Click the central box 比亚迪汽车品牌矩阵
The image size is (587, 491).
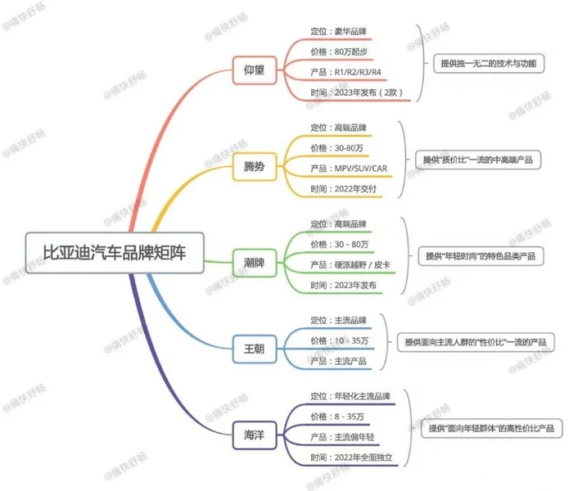pyautogui.click(x=115, y=253)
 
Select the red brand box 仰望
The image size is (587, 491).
pyautogui.click(x=254, y=70)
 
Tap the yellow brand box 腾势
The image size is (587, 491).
pyautogui.click(x=254, y=167)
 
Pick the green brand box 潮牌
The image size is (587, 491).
pyautogui.click(x=254, y=263)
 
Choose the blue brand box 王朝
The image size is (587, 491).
pyautogui.click(x=254, y=349)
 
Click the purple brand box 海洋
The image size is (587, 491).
pyautogui.click(x=254, y=435)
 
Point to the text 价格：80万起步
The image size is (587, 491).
pyautogui.click(x=339, y=52)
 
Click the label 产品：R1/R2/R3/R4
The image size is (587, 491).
pyautogui.click(x=345, y=72)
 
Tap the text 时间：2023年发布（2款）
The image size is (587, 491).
pyautogui.click(x=356, y=92)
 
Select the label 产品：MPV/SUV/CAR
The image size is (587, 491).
pyautogui.click(x=349, y=169)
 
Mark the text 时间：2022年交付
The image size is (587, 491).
pyautogui.click(x=343, y=188)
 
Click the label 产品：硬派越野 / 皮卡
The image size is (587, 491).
pyautogui.click(x=350, y=265)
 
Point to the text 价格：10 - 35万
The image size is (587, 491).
pyautogui.click(x=339, y=340)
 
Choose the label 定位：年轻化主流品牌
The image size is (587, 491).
pyautogui.click(x=350, y=396)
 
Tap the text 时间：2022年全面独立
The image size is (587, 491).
pyautogui.click(x=351, y=457)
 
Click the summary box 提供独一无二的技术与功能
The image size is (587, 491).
pyautogui.click(x=489, y=63)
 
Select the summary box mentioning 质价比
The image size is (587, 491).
pyautogui.click(x=478, y=160)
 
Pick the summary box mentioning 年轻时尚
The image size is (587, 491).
pyautogui.click(x=481, y=256)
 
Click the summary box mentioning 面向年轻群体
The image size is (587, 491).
pyautogui.click(x=491, y=428)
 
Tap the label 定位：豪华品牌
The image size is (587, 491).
pyautogui.click(x=338, y=31)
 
